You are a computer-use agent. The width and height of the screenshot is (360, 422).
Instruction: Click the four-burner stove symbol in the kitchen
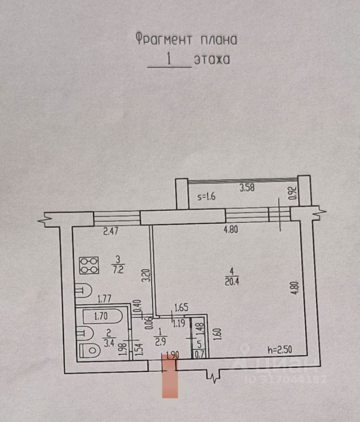(x=88, y=265)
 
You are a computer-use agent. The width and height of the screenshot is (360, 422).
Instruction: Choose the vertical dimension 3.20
(x=147, y=275)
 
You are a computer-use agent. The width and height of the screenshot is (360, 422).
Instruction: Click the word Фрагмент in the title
(x=163, y=40)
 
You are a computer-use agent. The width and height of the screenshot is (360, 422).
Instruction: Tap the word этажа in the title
(x=212, y=59)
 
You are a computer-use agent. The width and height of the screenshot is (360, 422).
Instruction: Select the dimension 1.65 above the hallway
(x=182, y=308)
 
